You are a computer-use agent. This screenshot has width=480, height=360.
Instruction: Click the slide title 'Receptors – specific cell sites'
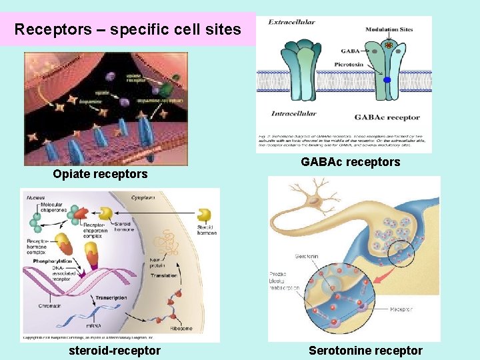[127, 29]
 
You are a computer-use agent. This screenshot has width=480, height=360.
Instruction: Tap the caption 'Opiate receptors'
[100, 174]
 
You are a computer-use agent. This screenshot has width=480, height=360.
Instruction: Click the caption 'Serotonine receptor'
[365, 351]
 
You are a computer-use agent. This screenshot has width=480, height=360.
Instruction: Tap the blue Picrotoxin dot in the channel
[387, 80]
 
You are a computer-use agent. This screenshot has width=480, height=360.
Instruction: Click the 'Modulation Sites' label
[389, 29]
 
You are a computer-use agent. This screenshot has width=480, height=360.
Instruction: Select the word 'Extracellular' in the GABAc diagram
[291, 23]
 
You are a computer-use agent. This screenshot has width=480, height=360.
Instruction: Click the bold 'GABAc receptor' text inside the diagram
[387, 117]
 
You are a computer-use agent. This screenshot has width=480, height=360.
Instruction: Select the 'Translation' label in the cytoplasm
[164, 275]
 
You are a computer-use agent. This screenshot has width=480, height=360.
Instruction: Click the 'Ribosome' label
[198, 328]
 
